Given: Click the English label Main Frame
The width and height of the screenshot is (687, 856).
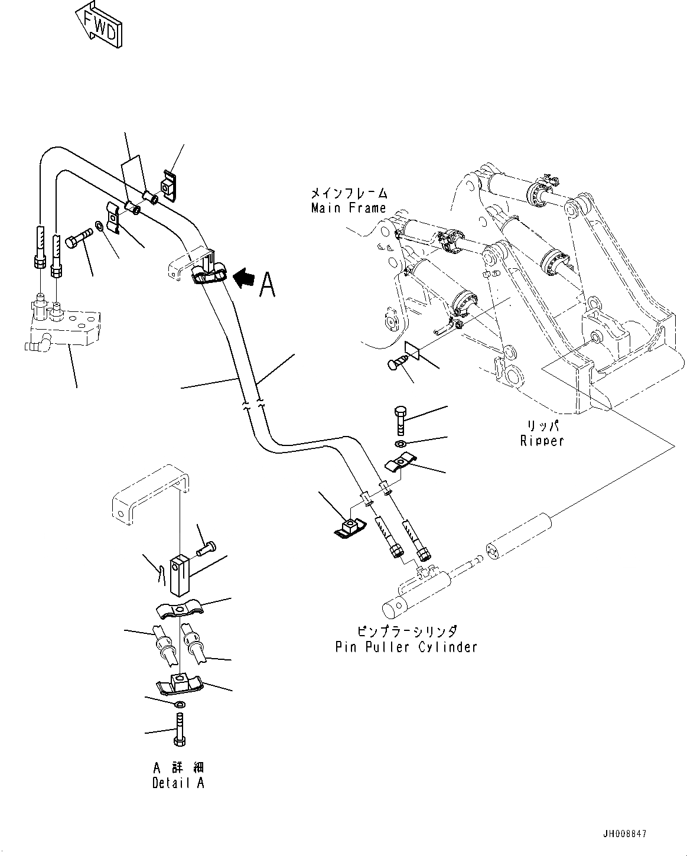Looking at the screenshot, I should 349,208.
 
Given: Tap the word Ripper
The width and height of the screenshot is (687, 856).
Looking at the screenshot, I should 542,440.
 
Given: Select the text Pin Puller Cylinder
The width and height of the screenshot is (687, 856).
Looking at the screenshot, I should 406,647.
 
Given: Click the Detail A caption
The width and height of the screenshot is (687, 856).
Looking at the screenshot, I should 178,783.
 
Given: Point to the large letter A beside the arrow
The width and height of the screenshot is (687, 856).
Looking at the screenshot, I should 267,284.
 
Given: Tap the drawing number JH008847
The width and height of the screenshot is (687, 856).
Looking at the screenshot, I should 625,834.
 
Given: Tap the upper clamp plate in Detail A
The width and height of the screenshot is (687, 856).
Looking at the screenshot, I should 180,610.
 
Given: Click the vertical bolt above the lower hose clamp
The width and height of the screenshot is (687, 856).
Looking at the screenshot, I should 401,420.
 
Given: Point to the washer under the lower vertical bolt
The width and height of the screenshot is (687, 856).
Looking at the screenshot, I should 400,443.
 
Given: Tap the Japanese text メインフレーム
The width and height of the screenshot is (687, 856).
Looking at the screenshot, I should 349,194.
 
